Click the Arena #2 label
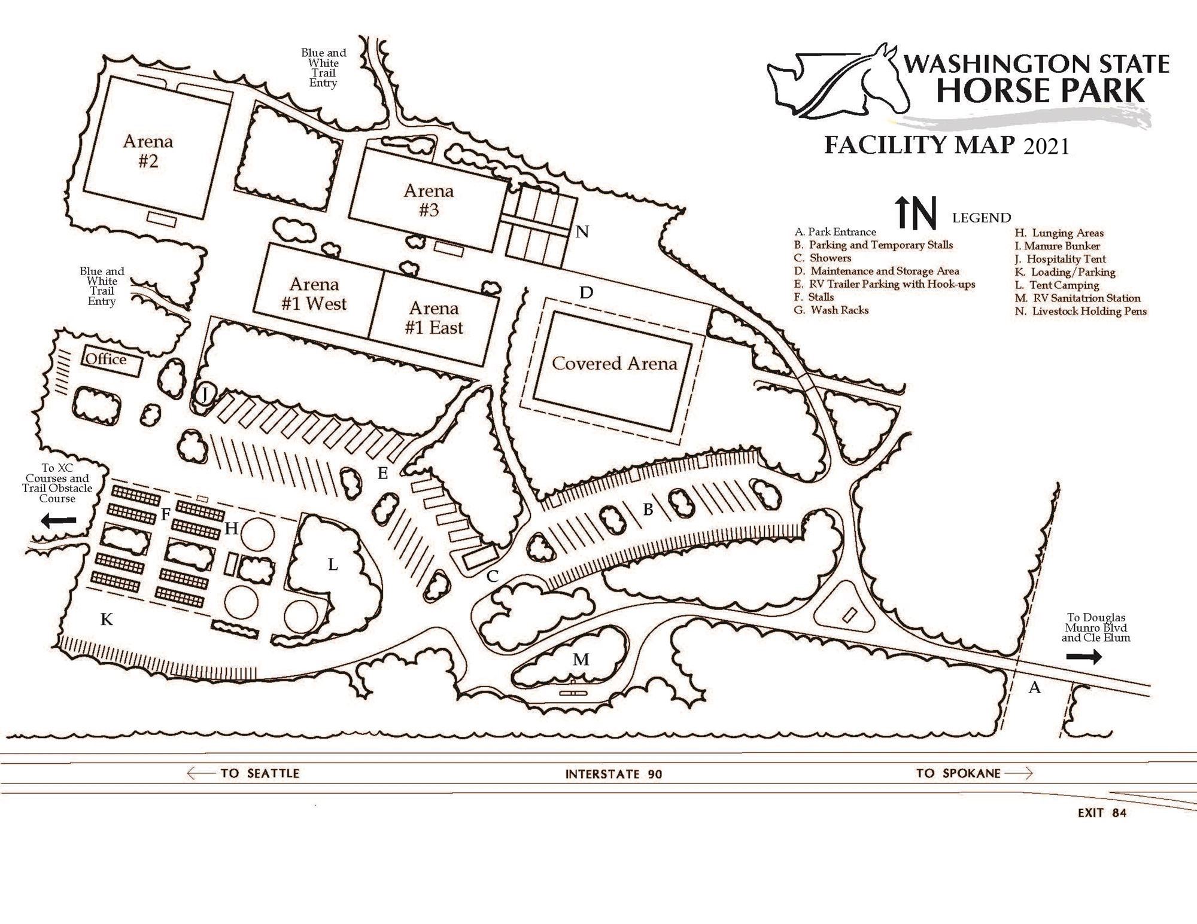tap(148, 151)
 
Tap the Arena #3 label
tap(429, 200)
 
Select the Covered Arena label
tap(614, 364)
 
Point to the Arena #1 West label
tap(314, 294)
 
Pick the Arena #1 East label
tap(434, 318)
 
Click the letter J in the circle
tap(205, 394)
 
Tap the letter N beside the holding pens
tap(582, 232)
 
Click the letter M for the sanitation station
tap(581, 660)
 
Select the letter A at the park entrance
tap(1035, 688)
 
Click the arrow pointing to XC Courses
tap(59, 520)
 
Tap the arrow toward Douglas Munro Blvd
tap(1084, 657)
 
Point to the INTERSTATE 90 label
tap(613, 774)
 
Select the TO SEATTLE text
tap(259, 773)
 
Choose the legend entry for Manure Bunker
tap(1058, 246)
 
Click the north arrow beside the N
tap(903, 215)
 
